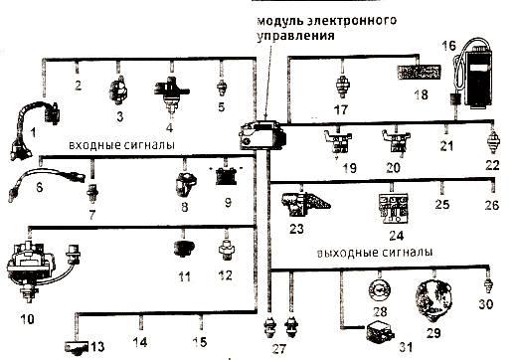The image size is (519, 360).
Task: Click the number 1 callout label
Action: (33, 131)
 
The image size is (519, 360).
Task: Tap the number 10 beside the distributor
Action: (27, 319)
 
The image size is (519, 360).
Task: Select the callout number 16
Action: (448, 45)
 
